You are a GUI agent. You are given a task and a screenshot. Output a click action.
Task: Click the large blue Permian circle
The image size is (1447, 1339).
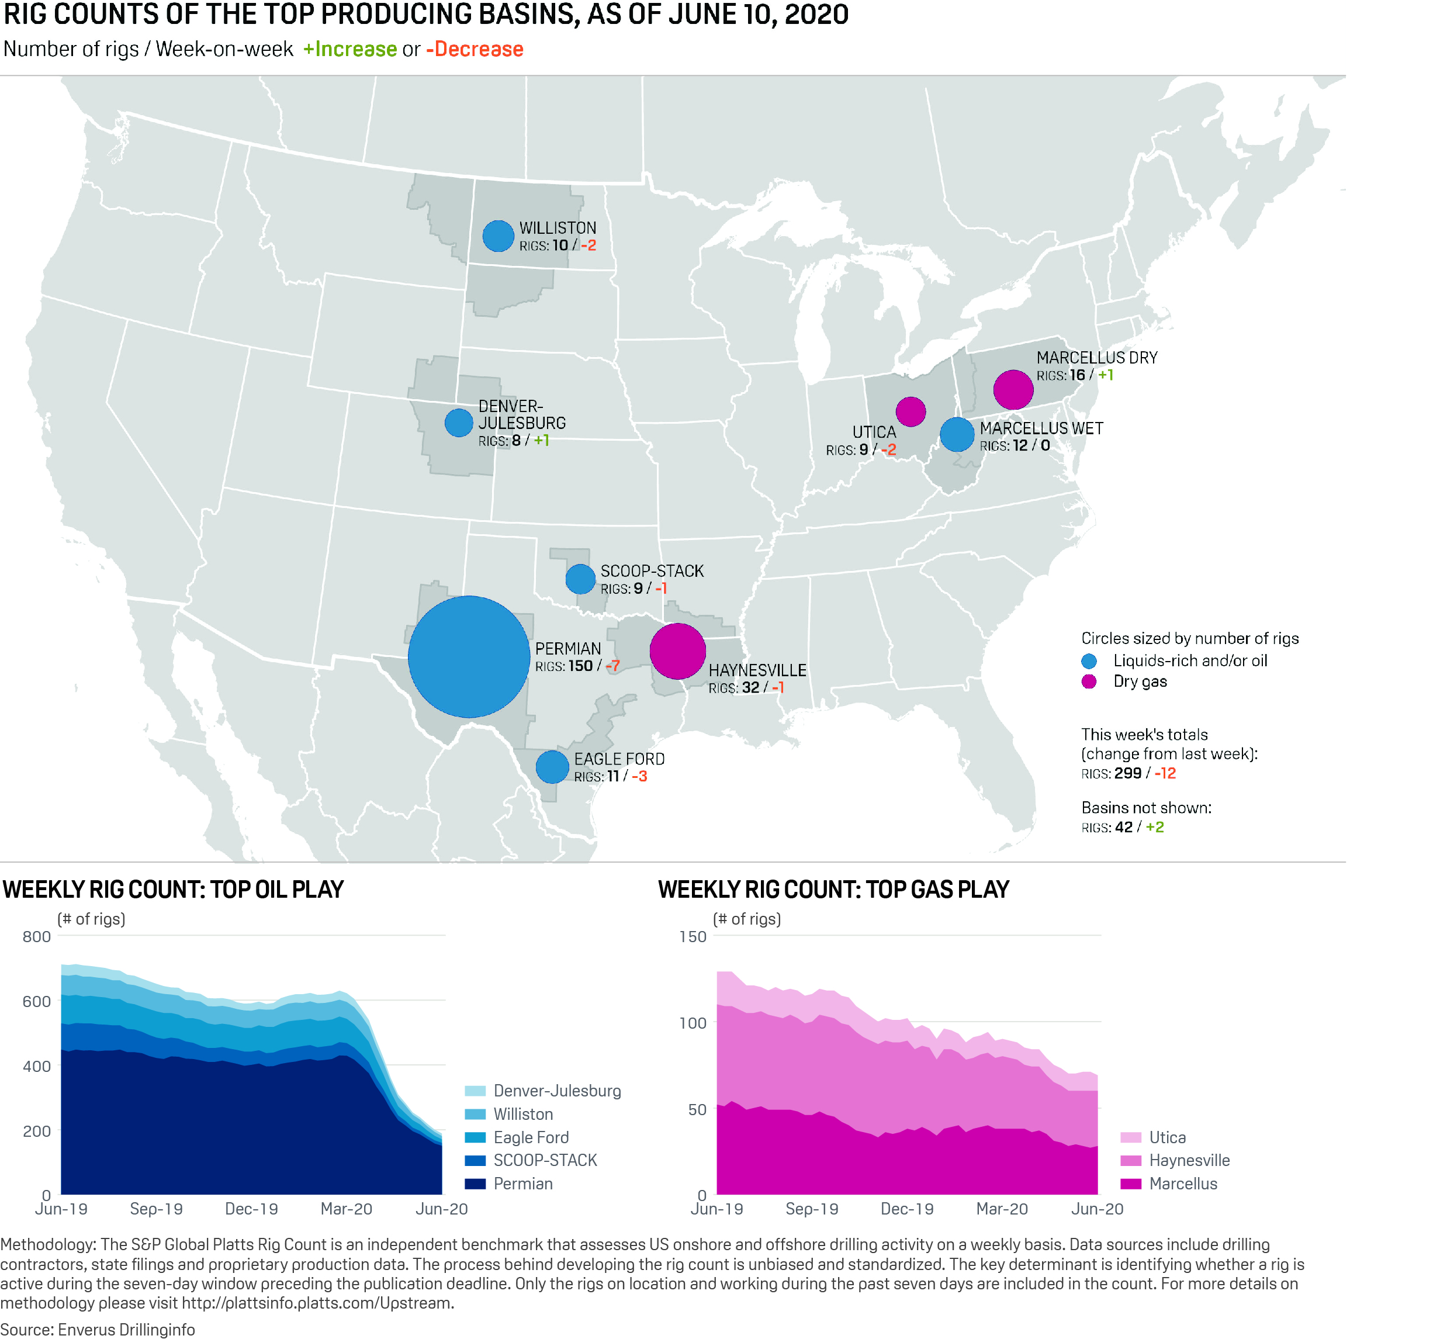(x=468, y=656)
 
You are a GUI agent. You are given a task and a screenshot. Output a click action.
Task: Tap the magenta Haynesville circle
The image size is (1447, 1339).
(x=677, y=651)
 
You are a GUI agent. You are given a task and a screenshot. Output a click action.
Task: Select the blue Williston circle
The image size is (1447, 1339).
(x=498, y=236)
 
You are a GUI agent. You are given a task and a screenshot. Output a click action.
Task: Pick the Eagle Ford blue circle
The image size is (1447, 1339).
(x=552, y=767)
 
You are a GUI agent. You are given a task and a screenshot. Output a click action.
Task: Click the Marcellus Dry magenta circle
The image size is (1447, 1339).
(x=1012, y=390)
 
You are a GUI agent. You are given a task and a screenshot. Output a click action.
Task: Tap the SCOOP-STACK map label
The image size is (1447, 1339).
(x=652, y=571)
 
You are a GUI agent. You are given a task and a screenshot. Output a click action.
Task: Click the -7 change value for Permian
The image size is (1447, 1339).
(x=612, y=666)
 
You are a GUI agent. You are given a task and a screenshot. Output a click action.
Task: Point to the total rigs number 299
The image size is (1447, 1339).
(x=1127, y=773)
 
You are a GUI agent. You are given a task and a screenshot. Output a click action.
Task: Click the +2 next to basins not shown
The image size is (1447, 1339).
(x=1154, y=827)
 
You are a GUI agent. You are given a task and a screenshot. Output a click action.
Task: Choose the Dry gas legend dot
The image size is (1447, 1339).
(x=1088, y=681)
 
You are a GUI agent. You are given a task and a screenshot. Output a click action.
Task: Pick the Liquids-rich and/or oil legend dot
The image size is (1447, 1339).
(x=1088, y=661)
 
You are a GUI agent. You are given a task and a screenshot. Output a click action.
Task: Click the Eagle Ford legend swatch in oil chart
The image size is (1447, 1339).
(x=475, y=1137)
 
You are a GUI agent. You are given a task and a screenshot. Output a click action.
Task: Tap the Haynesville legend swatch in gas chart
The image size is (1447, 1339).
(x=1130, y=1160)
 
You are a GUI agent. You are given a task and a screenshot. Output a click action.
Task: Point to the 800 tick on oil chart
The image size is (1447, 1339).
(x=37, y=936)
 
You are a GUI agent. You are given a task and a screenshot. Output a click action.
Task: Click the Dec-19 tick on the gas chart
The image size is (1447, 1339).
(x=906, y=1209)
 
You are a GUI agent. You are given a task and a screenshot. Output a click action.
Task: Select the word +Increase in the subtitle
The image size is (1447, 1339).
(x=350, y=49)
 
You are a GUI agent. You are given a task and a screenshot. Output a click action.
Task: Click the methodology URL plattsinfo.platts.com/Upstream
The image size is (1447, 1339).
(x=317, y=1303)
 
